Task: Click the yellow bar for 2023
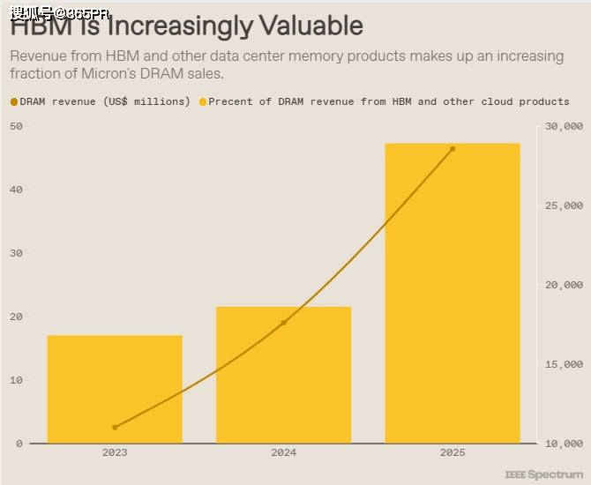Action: click(115, 389)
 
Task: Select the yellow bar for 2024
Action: click(283, 375)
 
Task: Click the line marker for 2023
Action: click(115, 427)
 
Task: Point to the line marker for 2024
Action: click(283, 323)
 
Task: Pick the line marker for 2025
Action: click(453, 149)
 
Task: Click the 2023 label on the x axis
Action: click(115, 452)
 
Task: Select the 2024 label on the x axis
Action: click(283, 452)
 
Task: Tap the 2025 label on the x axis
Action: click(453, 452)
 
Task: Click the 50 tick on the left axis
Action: click(17, 126)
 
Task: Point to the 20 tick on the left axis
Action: click(17, 317)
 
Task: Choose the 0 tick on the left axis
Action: click(19, 444)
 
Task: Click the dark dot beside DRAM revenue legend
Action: click(14, 102)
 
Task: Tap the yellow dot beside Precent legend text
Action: click(203, 102)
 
